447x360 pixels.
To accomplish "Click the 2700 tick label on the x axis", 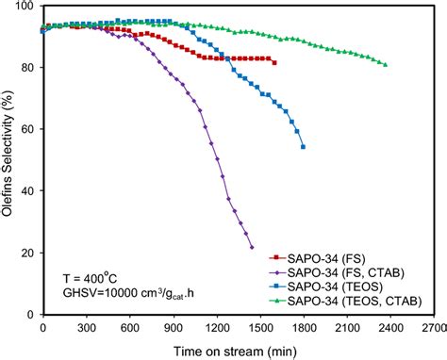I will (433, 328).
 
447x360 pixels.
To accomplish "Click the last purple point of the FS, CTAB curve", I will (252, 247).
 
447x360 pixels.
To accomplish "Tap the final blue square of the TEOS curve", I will (303, 147).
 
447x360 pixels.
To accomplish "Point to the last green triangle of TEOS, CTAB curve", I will (385, 64).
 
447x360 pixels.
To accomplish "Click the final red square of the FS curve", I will (274, 62).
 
